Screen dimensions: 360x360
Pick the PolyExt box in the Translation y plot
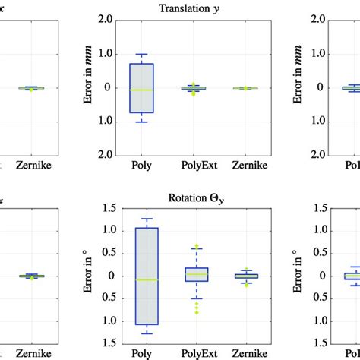[197, 88]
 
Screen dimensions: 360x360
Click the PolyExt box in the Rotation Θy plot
[197, 274]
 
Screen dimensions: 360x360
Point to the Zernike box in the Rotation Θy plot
[246, 276]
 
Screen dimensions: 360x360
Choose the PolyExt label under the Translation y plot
[197, 165]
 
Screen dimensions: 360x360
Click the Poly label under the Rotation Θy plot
[147, 352]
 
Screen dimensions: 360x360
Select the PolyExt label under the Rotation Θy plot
[197, 352]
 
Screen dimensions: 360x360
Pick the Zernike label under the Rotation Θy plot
[246, 352]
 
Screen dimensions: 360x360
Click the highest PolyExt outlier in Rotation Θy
[197, 246]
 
